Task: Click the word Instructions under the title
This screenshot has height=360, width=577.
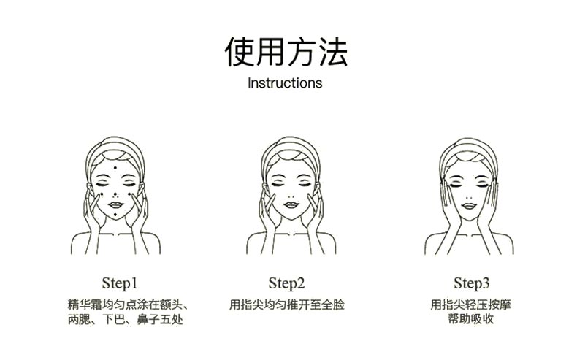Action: point(285,83)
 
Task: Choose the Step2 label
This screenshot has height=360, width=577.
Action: point(286,283)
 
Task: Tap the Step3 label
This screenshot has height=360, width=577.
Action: point(472,283)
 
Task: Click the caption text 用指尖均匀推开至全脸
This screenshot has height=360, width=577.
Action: point(286,305)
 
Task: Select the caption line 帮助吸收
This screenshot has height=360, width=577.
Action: point(471,319)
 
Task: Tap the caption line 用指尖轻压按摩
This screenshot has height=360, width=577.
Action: point(471,305)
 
